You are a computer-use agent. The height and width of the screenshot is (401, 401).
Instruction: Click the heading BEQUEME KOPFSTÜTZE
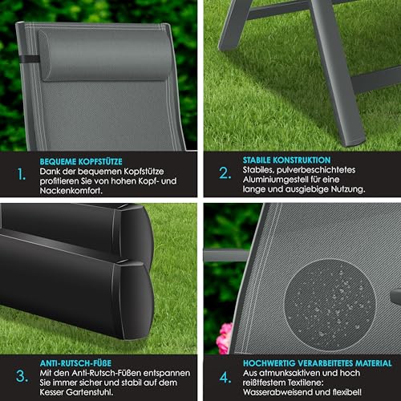coord(81,162)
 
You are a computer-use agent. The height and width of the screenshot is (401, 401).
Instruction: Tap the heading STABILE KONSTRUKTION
coord(286,160)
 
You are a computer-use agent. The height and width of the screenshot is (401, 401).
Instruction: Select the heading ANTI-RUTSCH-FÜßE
coord(75,363)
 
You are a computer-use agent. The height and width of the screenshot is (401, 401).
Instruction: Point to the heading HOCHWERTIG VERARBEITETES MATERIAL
coord(318,363)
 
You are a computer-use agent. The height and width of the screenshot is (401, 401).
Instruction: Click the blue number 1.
coord(22,174)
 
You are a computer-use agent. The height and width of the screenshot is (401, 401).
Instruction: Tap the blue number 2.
coord(225,172)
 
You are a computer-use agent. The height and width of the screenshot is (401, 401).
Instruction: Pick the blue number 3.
coord(22,376)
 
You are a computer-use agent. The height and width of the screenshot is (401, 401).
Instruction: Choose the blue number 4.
coord(225,378)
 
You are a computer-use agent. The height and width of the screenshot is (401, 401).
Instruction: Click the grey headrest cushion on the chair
coord(106,55)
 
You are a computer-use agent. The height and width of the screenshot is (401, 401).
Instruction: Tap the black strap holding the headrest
coord(29,59)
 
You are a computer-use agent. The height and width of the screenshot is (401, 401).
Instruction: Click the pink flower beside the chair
coord(224,338)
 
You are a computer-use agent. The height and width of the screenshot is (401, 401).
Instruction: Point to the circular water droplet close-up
coord(330,305)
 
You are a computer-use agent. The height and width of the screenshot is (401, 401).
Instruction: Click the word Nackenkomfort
coord(71,191)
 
